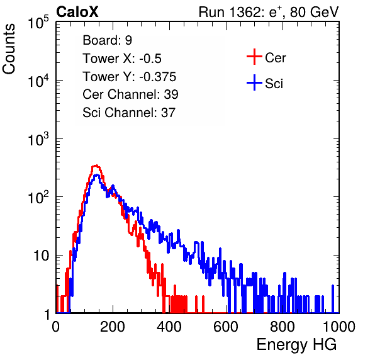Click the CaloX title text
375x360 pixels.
77,12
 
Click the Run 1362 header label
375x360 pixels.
269,12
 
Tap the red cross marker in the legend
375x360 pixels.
254,57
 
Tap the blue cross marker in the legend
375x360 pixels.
254,83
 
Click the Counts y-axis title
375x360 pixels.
9,49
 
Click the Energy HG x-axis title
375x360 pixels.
296,345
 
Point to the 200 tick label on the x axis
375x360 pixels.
113,327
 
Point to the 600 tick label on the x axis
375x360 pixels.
226,327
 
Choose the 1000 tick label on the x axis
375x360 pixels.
339,327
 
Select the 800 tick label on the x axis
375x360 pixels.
283,327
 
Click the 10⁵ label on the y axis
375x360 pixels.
38,23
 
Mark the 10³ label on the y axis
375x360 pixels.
38,140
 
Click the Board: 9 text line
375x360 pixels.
108,40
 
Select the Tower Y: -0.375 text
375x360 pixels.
130,77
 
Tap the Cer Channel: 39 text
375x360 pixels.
130,94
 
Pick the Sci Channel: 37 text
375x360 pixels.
129,113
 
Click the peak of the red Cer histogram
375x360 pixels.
96,166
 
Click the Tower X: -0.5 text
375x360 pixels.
122,59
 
